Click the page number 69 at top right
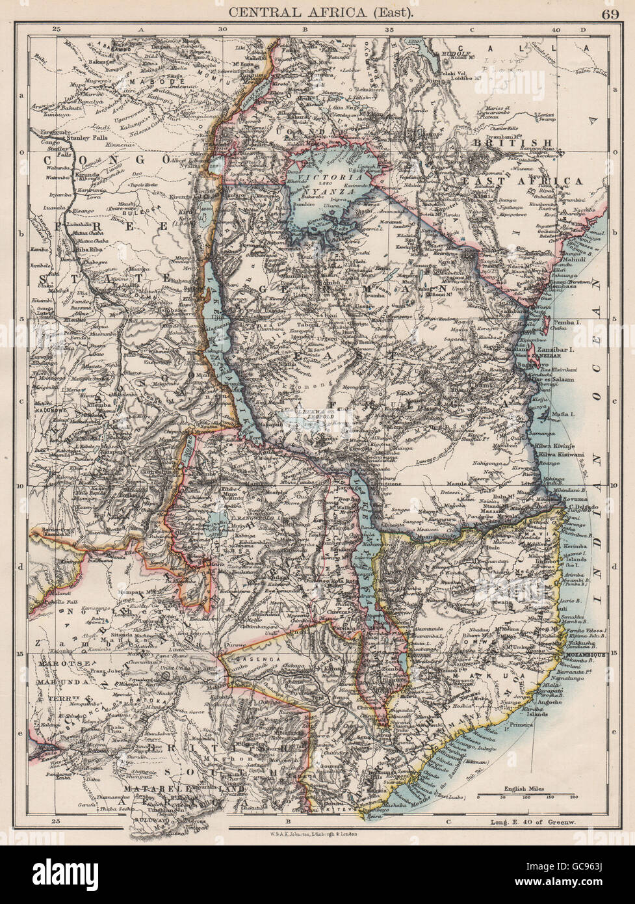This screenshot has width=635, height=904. [x=610, y=13]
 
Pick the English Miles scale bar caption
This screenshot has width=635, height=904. [x=524, y=789]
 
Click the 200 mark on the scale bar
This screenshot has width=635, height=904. [x=574, y=796]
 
